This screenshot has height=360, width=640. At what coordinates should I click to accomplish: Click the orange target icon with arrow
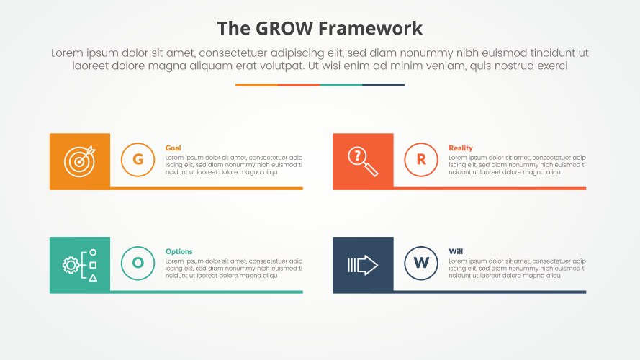(79, 161)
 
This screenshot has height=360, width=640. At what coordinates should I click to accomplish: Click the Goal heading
(173, 148)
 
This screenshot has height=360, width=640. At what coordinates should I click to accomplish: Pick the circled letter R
(421, 160)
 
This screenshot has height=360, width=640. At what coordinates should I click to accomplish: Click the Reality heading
(461, 148)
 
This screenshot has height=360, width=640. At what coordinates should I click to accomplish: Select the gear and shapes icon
(79, 265)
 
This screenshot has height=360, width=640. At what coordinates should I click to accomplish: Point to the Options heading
(179, 252)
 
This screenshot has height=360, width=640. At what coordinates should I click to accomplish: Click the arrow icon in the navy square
(363, 265)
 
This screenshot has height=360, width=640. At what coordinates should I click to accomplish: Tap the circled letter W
(421, 264)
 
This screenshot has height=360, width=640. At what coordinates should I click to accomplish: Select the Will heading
(456, 252)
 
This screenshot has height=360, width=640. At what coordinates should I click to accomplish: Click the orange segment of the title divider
(256, 85)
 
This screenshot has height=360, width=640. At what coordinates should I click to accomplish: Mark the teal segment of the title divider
(341, 85)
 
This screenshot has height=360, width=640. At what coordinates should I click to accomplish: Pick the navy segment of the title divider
(383, 85)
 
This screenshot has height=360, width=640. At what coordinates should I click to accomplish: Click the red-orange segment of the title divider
(299, 85)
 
